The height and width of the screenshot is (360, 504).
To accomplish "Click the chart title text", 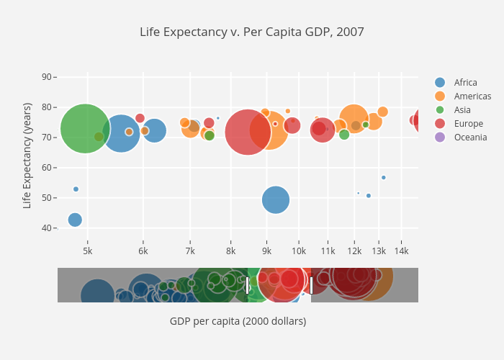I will click(x=252, y=32).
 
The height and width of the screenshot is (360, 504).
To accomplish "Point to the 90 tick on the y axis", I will click(x=47, y=77).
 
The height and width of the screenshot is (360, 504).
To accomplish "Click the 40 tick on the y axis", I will click(x=47, y=228).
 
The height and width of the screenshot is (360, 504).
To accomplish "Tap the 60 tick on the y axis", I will click(x=47, y=168).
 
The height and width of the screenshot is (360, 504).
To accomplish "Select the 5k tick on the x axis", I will click(x=87, y=251).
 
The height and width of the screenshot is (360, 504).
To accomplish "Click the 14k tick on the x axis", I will click(x=401, y=251).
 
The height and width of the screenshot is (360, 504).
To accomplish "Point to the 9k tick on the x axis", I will click(x=266, y=251).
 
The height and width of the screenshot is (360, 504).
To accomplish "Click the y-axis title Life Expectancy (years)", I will click(x=27, y=156).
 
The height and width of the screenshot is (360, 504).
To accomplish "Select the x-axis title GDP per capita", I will click(x=238, y=321).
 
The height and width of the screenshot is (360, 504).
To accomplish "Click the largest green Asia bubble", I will click(x=86, y=129).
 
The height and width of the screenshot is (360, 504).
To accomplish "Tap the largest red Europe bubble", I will click(x=248, y=132).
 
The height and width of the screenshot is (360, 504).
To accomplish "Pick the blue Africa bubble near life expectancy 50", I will click(x=275, y=199).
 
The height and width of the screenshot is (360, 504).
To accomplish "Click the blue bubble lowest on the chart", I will click(x=75, y=220).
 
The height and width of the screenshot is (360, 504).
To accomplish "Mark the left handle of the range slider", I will click(x=248, y=285).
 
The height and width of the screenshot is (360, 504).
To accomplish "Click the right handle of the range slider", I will click(x=311, y=285).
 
